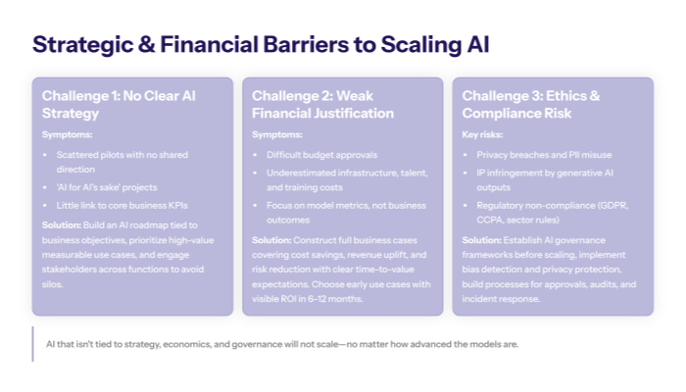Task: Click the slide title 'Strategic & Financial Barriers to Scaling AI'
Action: (x=261, y=44)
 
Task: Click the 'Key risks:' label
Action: (x=484, y=134)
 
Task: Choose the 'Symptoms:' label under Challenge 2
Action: (x=277, y=134)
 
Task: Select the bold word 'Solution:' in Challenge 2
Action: (x=271, y=240)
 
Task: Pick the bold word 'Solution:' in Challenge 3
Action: (x=481, y=240)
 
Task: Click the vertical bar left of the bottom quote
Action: (x=32, y=344)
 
